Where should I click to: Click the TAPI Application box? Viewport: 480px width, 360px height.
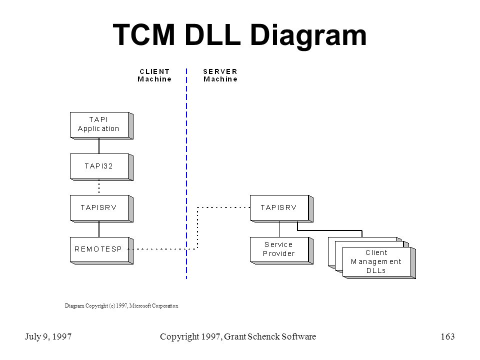[x=101, y=125]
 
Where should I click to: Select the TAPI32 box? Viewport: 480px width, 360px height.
[x=101, y=167]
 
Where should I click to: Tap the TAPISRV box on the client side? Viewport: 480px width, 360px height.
[x=101, y=208]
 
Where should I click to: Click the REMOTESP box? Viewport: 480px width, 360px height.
[x=101, y=250]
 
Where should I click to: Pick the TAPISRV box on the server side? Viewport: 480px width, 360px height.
[x=281, y=208]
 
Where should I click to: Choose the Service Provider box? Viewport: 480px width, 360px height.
[x=281, y=250]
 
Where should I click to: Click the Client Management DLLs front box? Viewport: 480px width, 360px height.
[x=379, y=262]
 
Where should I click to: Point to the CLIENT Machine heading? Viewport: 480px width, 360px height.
[x=154, y=75]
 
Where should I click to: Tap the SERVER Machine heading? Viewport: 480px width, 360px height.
[x=220, y=75]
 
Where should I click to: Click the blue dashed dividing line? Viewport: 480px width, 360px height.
[x=186, y=173]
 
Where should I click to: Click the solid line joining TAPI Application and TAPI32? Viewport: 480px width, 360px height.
[x=99, y=146]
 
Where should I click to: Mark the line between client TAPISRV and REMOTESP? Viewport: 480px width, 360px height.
[x=99, y=229]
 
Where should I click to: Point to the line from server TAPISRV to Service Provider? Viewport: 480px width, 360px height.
[x=279, y=229]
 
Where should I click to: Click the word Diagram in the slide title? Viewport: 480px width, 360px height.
[x=308, y=36]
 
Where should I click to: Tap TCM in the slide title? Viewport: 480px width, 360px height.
[x=144, y=34]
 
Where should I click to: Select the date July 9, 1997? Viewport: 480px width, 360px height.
[x=48, y=336]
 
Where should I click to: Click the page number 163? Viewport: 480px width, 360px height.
[x=447, y=336]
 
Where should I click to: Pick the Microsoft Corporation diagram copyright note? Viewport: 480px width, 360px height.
[x=121, y=305]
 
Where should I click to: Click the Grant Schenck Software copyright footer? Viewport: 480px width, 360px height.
[x=238, y=336]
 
